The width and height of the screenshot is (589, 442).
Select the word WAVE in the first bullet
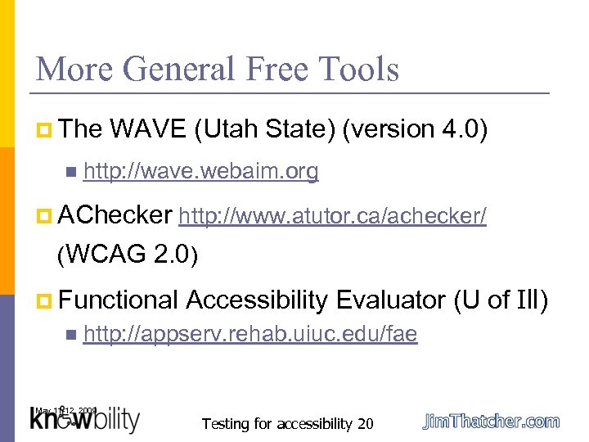(x=147, y=129)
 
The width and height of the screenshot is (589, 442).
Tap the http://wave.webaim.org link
(x=200, y=171)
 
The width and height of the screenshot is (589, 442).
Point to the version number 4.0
(x=463, y=129)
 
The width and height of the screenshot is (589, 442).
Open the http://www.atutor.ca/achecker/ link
(x=333, y=216)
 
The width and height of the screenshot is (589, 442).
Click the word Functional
(x=119, y=300)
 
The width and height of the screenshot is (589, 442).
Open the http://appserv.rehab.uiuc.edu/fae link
(x=250, y=334)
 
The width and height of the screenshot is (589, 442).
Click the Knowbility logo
(x=86, y=420)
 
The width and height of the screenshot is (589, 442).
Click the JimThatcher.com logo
(x=491, y=422)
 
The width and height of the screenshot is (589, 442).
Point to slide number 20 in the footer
(x=365, y=423)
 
